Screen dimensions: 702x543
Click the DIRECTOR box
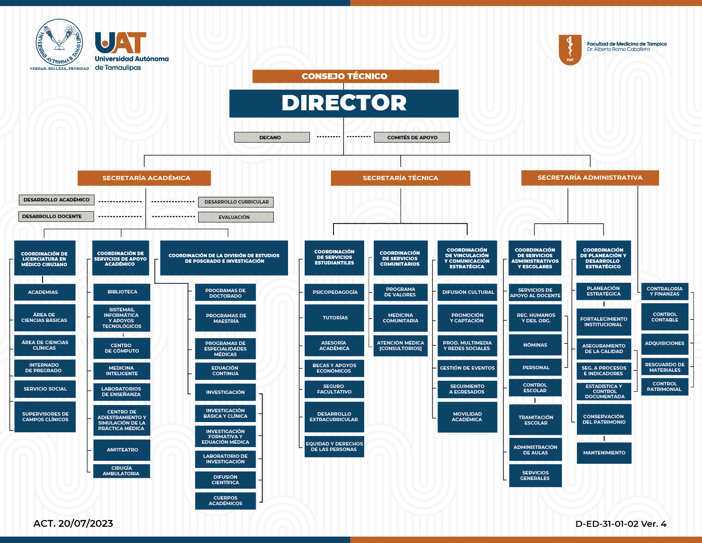click(x=344, y=103)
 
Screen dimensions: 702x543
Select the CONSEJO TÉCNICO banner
click(x=345, y=76)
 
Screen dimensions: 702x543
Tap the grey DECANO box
click(x=272, y=137)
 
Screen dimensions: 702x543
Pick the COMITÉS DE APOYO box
click(x=411, y=137)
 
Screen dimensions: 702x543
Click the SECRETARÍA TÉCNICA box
click(x=401, y=178)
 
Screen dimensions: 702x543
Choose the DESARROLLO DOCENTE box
click(x=56, y=216)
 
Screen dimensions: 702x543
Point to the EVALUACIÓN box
click(x=236, y=217)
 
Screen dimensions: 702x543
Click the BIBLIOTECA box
click(x=122, y=292)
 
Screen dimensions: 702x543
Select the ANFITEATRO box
click(x=122, y=450)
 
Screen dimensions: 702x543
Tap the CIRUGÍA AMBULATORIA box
click(x=122, y=471)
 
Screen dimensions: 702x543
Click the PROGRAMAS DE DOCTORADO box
click(x=225, y=292)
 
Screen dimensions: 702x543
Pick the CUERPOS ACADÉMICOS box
click(x=225, y=501)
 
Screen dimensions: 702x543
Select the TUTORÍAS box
click(x=334, y=318)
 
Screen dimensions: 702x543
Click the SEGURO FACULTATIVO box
click(x=334, y=389)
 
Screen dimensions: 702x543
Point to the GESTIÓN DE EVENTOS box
click(x=468, y=368)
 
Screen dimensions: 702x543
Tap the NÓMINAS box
click(x=535, y=345)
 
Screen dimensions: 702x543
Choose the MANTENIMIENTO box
click(x=604, y=453)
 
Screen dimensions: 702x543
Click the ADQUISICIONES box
click(x=665, y=343)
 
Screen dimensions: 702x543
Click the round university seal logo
click(x=59, y=42)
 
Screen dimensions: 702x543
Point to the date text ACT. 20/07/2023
click(x=73, y=523)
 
